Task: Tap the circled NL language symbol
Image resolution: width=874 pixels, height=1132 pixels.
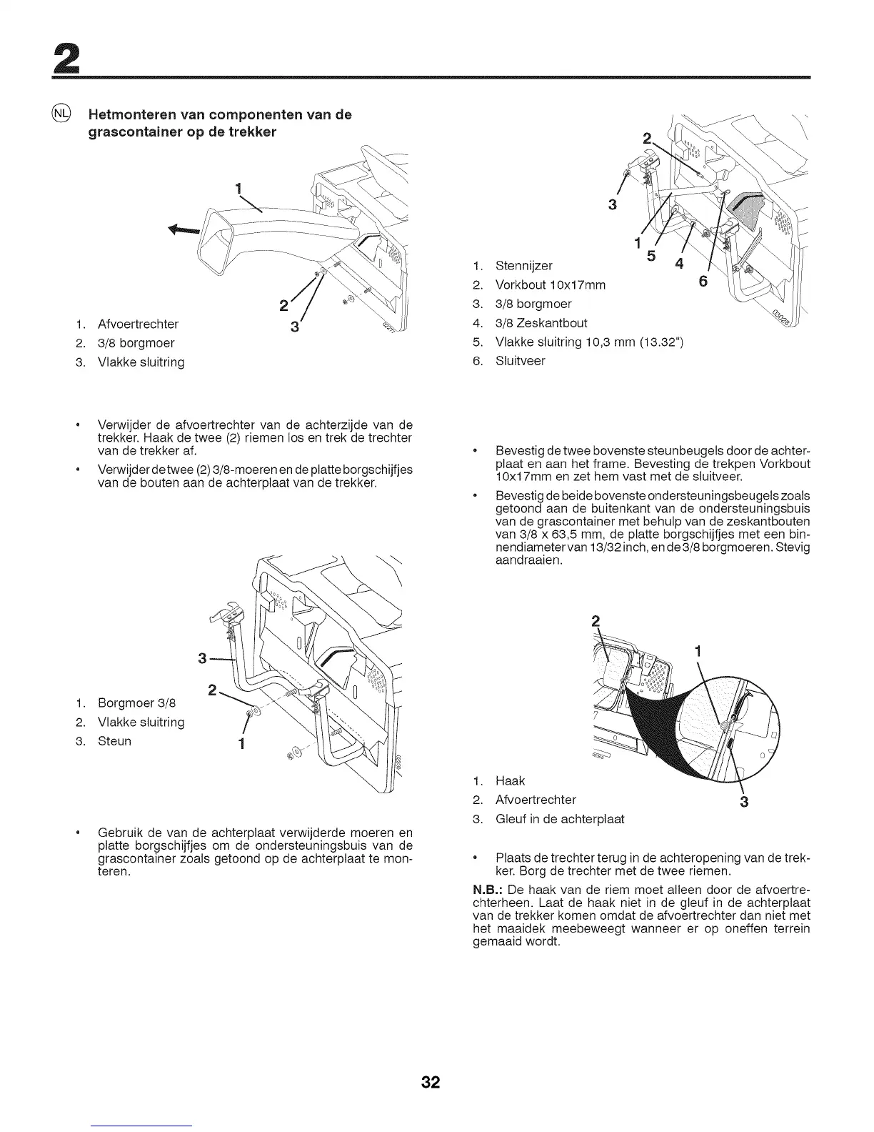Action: (x=62, y=114)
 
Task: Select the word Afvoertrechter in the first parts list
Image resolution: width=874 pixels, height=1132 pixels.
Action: (x=138, y=324)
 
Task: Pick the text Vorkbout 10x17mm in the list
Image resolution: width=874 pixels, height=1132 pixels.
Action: (x=551, y=285)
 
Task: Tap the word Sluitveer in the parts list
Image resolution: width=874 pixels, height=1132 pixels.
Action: (x=520, y=361)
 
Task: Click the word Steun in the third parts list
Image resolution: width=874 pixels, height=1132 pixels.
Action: (x=114, y=741)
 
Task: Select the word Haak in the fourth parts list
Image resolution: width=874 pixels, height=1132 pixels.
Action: (x=510, y=781)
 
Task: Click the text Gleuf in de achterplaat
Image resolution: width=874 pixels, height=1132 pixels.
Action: (x=560, y=819)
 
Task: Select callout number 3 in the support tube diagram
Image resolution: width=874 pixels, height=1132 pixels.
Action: (x=203, y=657)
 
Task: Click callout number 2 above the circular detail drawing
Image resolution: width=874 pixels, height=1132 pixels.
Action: (x=596, y=619)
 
